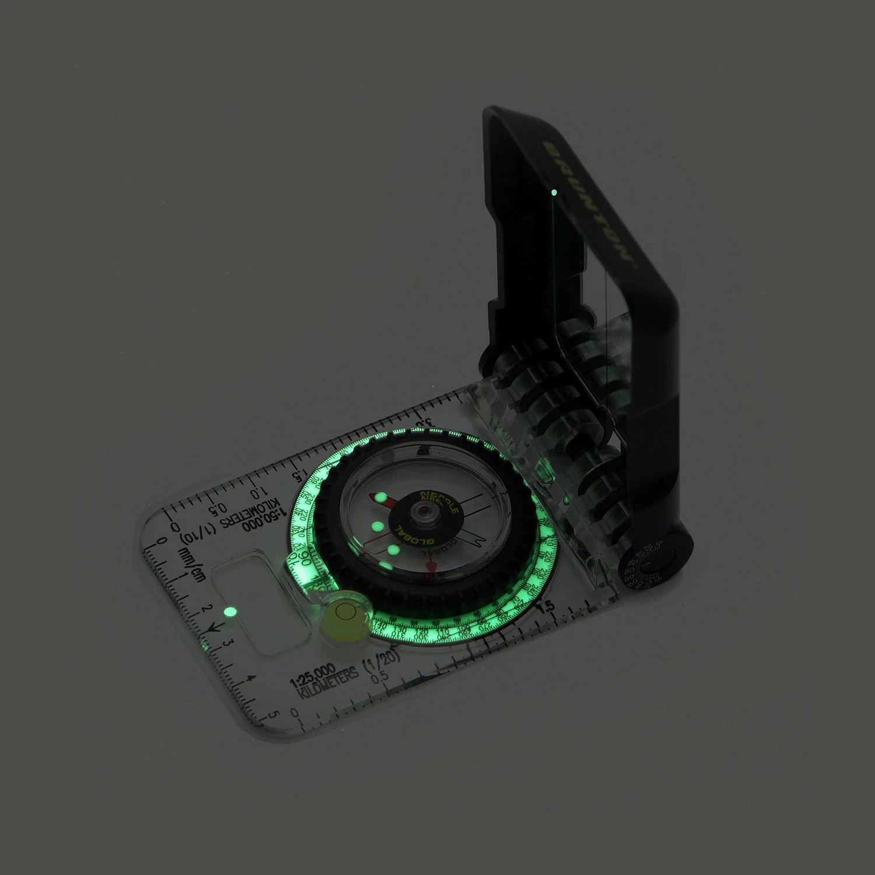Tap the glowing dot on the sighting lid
coord(554,191)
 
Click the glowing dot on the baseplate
coord(229,612)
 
